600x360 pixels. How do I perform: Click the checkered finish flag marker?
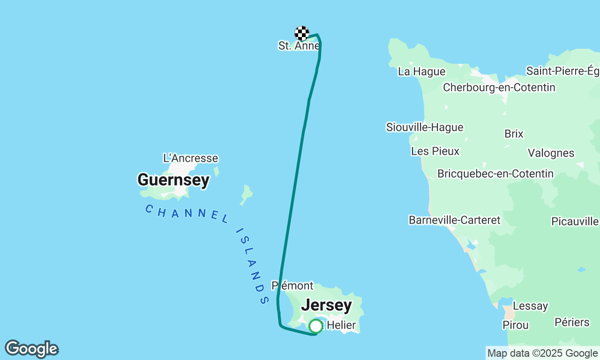tap(302, 33)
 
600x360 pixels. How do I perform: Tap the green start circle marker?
tap(316, 326)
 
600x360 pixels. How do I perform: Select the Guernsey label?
tap(173, 180)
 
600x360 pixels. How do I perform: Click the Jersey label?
tap(326, 305)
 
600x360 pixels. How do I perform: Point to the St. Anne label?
tap(299, 46)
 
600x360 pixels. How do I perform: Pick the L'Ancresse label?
tap(190, 158)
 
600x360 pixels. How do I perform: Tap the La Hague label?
tap(421, 72)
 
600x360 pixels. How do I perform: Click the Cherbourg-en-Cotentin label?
tap(499, 88)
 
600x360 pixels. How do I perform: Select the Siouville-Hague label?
tap(425, 127)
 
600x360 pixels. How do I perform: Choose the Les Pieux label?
tap(435, 151)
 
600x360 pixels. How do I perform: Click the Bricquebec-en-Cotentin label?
tap(495, 174)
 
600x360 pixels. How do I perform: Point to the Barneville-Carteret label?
tap(455, 220)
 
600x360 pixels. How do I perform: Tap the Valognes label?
tap(551, 153)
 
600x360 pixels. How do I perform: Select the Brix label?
tap(514, 134)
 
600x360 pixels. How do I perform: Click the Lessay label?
tap(530, 306)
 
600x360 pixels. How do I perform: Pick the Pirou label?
tap(516, 325)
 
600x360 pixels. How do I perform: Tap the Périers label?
tap(572, 322)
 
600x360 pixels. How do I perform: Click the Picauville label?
tap(575, 221)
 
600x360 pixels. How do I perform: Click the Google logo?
tap(31, 349)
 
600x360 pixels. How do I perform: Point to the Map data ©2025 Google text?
tap(542, 353)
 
